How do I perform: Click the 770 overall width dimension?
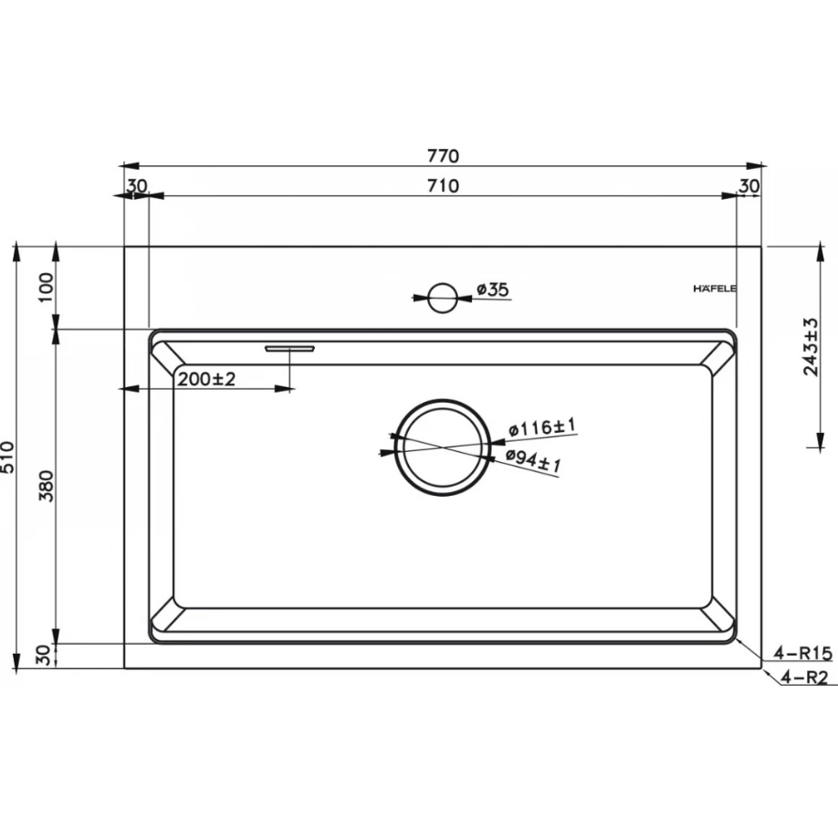443,155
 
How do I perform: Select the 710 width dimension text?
443,186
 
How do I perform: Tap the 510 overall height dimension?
7,457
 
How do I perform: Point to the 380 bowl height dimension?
47,486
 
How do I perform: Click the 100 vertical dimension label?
47,287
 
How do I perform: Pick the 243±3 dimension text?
812,347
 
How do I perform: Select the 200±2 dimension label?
206,380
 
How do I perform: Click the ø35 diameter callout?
493,289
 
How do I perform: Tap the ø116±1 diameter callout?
542,427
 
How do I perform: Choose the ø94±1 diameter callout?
533,461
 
